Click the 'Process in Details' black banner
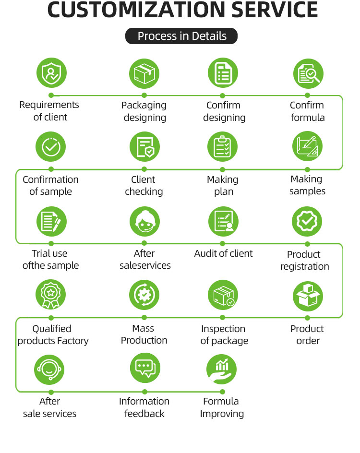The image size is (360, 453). (x=181, y=36)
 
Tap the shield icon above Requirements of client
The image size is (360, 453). (x=51, y=73)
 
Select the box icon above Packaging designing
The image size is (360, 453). (x=144, y=74)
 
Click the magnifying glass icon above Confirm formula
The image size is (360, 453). (x=308, y=74)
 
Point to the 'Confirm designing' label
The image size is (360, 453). (x=224, y=111)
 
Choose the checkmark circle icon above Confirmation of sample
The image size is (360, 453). (x=50, y=147)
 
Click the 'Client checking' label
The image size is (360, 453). (x=144, y=186)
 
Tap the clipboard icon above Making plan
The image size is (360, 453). (x=222, y=147)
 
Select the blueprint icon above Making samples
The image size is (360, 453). (x=307, y=146)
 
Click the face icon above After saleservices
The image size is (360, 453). (x=145, y=222)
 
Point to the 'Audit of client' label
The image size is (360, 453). (x=223, y=253)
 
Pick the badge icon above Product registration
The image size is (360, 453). (x=307, y=222)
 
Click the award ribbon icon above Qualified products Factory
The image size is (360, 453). (x=50, y=294)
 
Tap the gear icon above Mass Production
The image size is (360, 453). (x=144, y=295)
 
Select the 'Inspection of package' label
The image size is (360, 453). (x=224, y=334)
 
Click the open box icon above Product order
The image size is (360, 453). (x=308, y=297)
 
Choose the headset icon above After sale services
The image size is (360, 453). (x=49, y=370)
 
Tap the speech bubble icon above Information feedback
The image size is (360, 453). (x=145, y=368)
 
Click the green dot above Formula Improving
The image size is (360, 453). (x=222, y=392)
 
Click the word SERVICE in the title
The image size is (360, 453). (x=275, y=10)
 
